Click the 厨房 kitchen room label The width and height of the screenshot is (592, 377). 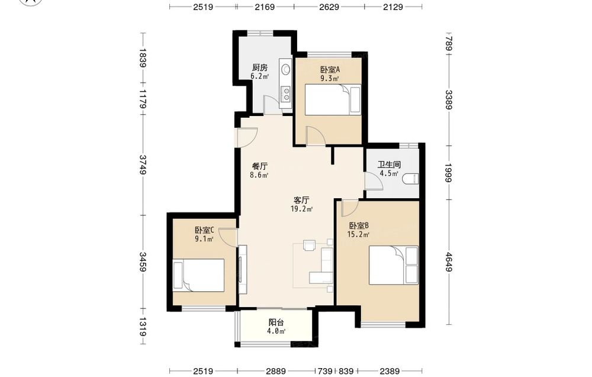(260, 67)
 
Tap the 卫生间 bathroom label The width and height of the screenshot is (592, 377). (389, 165)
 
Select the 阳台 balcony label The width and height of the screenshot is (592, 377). (276, 323)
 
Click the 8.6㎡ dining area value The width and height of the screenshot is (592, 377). (259, 175)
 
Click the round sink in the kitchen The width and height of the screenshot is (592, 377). (286, 69)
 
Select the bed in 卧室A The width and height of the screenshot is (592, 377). (332, 99)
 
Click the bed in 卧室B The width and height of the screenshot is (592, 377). (394, 265)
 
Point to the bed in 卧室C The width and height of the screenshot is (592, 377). (198, 275)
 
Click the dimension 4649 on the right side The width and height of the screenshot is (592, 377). (449, 262)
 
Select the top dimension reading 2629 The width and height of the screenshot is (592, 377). (329, 7)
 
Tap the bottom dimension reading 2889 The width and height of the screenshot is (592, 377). (276, 371)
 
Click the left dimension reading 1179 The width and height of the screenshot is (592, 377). (143, 98)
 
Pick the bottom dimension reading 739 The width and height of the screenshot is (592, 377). (324, 371)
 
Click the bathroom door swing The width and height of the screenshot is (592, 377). (374, 180)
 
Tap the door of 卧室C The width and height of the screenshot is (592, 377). (228, 237)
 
